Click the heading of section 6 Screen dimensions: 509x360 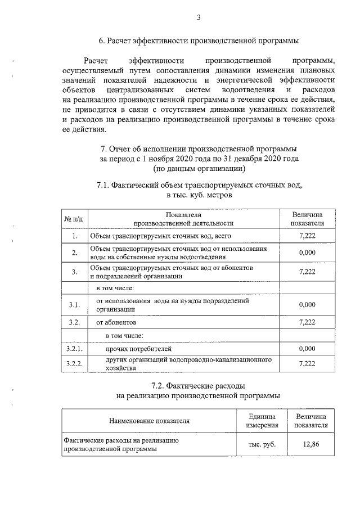(x=199, y=40)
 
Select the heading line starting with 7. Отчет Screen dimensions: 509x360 (x=199, y=149)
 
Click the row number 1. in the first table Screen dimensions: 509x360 (x=74, y=236)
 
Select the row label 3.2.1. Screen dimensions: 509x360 (x=74, y=349)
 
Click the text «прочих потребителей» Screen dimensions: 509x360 (x=132, y=349)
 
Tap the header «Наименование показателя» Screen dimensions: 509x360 (x=149, y=420)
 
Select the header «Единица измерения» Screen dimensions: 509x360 (x=262, y=420)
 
